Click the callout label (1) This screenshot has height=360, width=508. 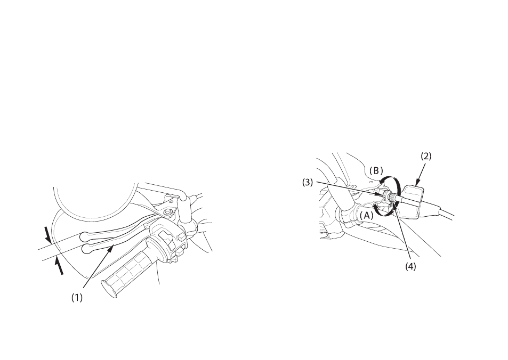pos(77,298)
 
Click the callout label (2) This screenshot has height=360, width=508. pos(426,156)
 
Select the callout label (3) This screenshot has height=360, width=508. pos(308,183)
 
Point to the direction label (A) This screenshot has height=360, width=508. pos(367,215)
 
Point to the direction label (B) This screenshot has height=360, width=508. pos(376,170)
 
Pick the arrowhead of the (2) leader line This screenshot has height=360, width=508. pos(417,182)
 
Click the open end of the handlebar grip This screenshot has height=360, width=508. pos(109,289)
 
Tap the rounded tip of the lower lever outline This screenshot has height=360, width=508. pos(86,249)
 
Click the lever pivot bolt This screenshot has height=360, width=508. pos(167,211)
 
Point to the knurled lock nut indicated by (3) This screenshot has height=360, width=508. pos(387,195)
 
